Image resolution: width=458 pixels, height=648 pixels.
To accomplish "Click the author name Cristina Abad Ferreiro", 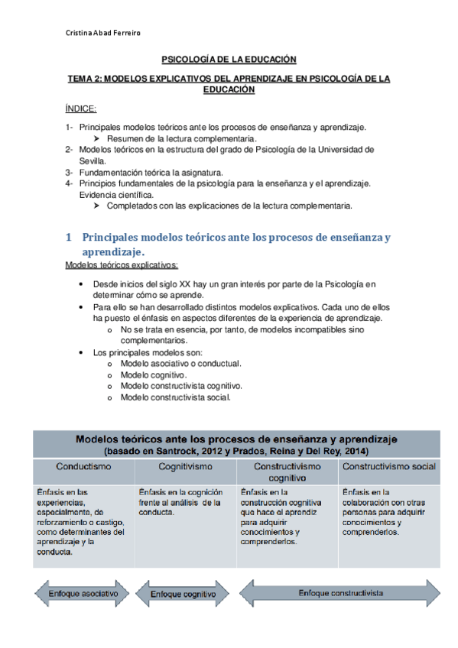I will point(102,32).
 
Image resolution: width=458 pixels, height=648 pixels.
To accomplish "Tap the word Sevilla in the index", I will point(92,161).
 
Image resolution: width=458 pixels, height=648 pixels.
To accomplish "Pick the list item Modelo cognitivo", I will point(154,375).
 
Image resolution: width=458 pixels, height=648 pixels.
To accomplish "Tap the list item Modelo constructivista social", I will point(175,397).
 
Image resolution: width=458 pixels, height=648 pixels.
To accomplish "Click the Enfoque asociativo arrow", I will point(83,593).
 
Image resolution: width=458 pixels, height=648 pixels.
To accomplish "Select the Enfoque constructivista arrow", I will point(340,592).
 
